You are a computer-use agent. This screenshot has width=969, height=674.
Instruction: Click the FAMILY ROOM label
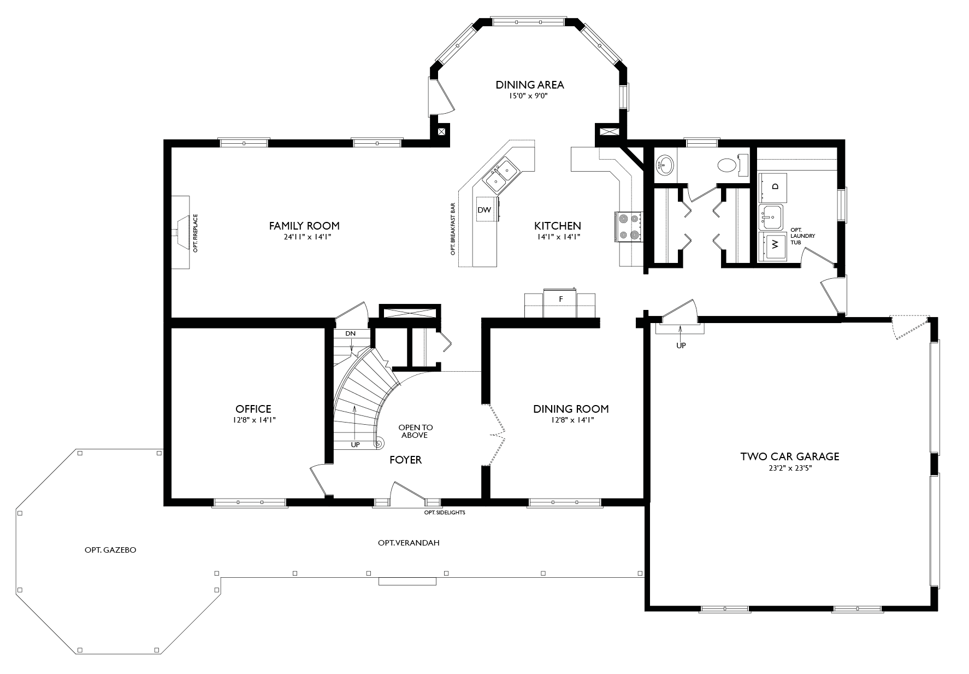[304, 225]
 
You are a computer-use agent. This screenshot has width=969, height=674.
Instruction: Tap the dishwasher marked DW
[484, 210]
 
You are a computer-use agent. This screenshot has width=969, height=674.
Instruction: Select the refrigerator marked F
[560, 299]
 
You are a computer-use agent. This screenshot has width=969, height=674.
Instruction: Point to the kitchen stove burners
[628, 226]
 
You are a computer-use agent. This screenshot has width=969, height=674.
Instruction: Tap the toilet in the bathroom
[728, 165]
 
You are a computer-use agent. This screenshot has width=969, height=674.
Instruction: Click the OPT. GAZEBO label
[110, 550]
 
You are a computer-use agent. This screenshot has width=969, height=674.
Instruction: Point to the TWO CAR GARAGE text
[789, 456]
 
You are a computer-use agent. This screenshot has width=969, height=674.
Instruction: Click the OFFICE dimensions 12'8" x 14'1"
[253, 420]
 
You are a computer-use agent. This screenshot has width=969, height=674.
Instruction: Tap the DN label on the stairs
[350, 333]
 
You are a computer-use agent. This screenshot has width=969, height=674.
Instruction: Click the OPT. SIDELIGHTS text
[445, 513]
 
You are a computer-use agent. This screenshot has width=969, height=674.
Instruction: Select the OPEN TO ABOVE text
[415, 431]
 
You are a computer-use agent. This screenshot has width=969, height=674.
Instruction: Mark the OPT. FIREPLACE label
[195, 233]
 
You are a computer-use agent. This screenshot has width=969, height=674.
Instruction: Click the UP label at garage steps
[681, 345]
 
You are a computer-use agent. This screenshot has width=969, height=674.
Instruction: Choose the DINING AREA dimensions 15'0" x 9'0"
[529, 96]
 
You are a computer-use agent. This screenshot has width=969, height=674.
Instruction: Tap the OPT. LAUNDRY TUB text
[802, 236]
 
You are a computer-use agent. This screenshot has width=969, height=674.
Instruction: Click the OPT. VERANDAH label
[409, 543]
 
